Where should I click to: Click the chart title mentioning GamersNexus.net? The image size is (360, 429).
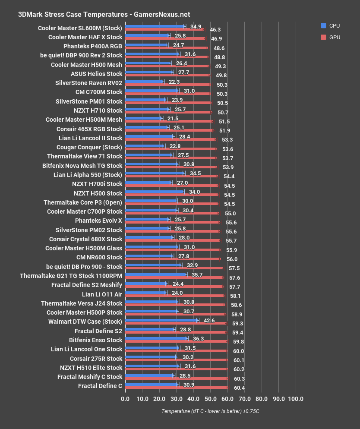104,14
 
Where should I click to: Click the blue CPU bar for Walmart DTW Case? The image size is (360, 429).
161,320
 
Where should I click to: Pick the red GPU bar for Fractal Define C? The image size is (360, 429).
176,388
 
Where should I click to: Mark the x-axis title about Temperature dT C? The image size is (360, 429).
210,411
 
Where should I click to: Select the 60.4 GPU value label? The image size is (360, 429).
239,388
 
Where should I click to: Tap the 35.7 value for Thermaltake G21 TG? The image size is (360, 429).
197,274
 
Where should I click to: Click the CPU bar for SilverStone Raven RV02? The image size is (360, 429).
144,82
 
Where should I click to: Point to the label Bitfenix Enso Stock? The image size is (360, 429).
96,340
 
